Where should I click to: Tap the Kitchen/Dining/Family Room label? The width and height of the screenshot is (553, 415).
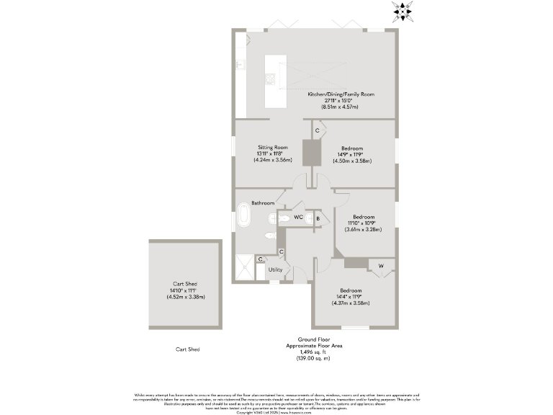click(341, 94)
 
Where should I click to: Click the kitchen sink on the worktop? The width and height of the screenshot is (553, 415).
click(240, 63)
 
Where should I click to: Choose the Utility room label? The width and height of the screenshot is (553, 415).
click(274, 269)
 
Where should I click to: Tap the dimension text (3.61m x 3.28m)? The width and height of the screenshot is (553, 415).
click(362, 230)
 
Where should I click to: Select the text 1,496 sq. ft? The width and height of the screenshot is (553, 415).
click(313, 352)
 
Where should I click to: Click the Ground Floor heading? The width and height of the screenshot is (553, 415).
click(313, 339)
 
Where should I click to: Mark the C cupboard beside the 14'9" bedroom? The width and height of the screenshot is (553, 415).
click(317, 130)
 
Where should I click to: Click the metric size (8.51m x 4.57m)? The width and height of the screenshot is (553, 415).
click(341, 107)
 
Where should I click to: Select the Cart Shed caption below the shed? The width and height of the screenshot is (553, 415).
click(187, 349)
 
